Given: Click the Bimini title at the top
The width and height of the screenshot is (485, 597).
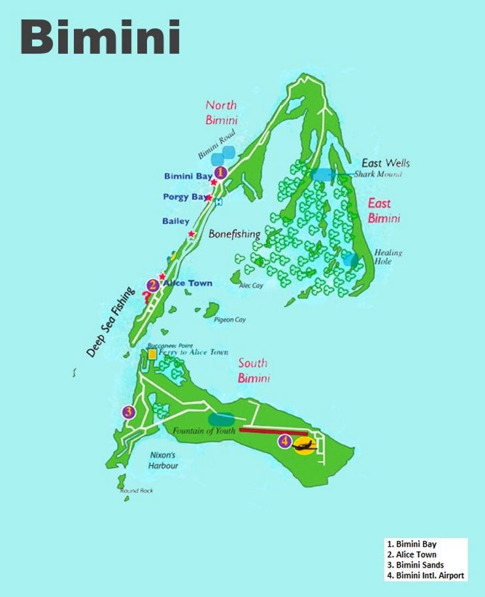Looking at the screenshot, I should coord(100,37).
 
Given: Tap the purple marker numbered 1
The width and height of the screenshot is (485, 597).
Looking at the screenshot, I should coord(220,173).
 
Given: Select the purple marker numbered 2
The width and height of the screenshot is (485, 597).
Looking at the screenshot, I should coord(152,284).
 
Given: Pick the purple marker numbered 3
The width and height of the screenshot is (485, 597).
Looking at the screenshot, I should coord(129,412).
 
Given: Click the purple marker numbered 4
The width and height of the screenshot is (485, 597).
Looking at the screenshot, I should coord(284,441).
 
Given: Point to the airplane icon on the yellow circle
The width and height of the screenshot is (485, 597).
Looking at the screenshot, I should coord(304,446).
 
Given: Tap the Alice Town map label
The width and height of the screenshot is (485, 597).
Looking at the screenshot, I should coord(188,283).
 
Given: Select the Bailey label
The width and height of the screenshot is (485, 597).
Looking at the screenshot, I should coord(176,222).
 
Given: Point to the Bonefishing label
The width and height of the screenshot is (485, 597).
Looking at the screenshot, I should coord(235,234).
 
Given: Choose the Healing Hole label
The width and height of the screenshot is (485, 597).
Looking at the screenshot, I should coord(388,257).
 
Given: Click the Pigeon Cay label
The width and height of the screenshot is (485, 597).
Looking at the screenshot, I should coord(229,320).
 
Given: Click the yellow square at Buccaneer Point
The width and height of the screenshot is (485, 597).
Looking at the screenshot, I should coord(152,354).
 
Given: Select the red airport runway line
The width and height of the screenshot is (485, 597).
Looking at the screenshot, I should coord(273,430).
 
